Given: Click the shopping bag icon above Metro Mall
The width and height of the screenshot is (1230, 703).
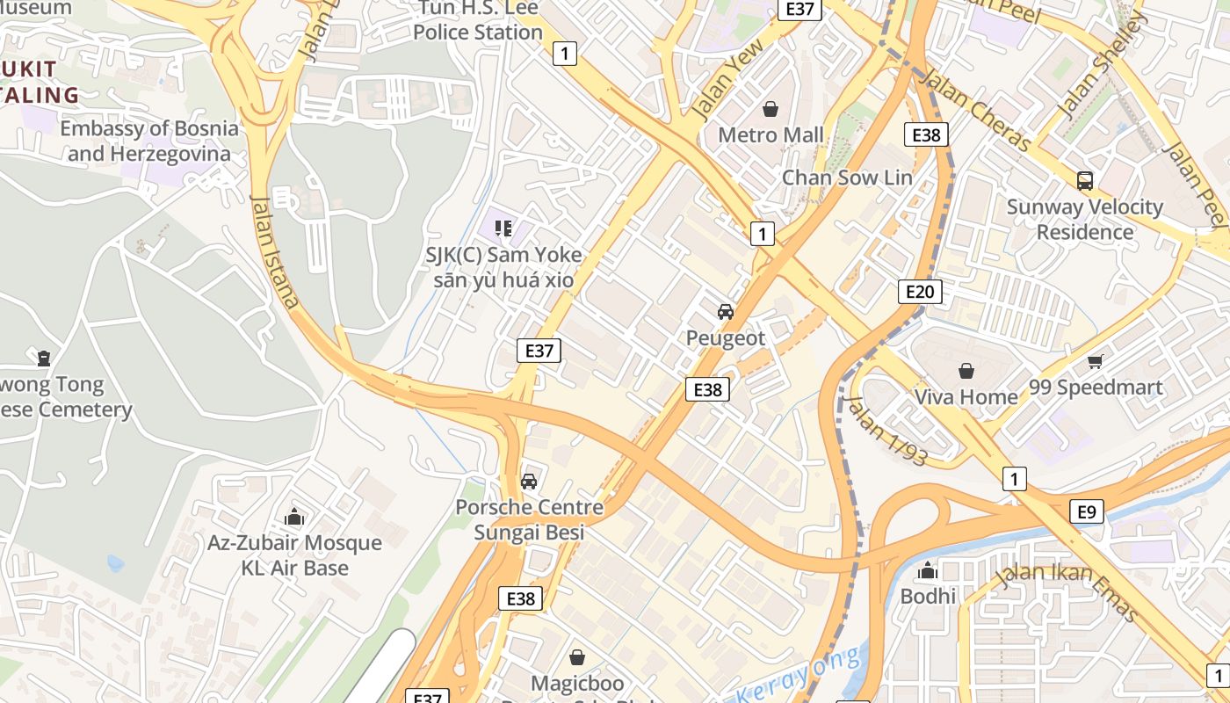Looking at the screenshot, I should pos(771,109).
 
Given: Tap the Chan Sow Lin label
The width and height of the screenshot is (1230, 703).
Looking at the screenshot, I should pos(847,178).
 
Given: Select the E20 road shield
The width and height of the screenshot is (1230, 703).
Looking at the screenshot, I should pos(920,292).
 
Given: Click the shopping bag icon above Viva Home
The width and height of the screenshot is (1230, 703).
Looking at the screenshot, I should pos(966,371).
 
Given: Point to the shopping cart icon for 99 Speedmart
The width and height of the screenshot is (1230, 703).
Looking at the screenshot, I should pos(1095,361).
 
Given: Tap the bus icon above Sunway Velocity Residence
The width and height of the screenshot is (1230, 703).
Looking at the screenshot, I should pos(1085,181).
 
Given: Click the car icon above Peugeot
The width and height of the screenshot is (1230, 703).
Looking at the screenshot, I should pos(726,312).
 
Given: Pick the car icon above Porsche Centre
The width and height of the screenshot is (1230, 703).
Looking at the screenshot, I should pos(529,481).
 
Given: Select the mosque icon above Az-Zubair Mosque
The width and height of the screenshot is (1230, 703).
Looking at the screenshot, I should pos(294,517).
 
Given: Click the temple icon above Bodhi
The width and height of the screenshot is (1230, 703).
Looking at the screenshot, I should pos(928,571).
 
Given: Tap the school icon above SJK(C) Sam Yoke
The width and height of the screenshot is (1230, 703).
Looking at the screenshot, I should pos(503,229).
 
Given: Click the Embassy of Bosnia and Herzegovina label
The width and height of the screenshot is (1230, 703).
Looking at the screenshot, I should pos(149,141).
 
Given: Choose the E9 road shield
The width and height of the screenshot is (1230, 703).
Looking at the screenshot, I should pos(1088,511).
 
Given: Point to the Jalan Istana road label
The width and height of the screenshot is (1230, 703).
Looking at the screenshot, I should pos(275,250).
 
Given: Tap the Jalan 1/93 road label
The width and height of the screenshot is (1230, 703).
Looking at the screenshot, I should pos(886,430).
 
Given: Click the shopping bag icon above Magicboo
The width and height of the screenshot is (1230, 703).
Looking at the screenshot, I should pos(577,657).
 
